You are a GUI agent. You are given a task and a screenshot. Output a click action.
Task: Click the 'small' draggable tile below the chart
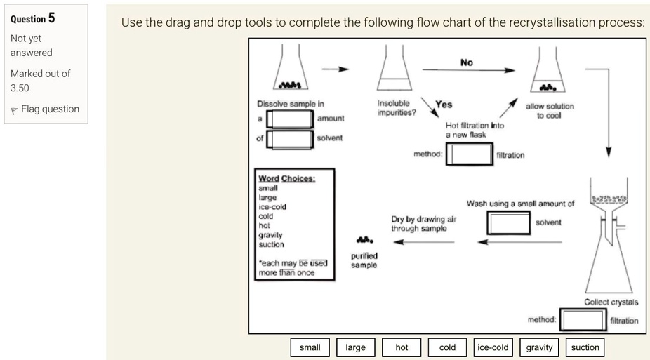tap(310, 347)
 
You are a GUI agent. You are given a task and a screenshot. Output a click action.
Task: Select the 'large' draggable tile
tap(356, 347)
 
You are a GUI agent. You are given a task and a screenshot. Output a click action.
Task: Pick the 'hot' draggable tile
tap(402, 347)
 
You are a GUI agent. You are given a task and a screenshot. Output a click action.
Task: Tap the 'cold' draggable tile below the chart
tap(447, 347)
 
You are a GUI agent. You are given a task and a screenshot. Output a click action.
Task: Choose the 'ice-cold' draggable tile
tap(493, 347)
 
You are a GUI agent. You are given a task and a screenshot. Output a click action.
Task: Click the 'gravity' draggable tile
tap(539, 347)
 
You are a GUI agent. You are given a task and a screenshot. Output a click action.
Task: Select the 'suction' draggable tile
tap(585, 347)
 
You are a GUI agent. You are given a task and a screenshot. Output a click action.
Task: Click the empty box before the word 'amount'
tap(290, 119)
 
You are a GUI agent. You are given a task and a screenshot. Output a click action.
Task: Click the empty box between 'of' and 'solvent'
tap(290, 139)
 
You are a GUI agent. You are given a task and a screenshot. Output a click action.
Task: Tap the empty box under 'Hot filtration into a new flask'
tap(470, 154)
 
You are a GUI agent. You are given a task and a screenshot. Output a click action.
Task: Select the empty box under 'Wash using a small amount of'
tap(509, 223)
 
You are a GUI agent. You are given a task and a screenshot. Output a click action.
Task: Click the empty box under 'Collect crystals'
tap(583, 320)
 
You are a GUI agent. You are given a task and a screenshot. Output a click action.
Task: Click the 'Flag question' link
tap(45, 109)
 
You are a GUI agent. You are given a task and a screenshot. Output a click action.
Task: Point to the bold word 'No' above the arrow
tap(466, 62)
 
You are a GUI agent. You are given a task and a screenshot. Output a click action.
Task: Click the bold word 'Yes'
tap(444, 105)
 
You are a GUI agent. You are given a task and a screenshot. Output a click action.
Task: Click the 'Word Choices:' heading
tap(287, 178)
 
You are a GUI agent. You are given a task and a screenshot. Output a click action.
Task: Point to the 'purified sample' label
tap(364, 260)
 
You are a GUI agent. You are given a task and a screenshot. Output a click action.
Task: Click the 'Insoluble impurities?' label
tap(397, 107)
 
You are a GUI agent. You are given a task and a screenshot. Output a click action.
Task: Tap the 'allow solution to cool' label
tap(550, 111)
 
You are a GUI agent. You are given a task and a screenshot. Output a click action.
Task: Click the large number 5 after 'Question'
tap(51, 18)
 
